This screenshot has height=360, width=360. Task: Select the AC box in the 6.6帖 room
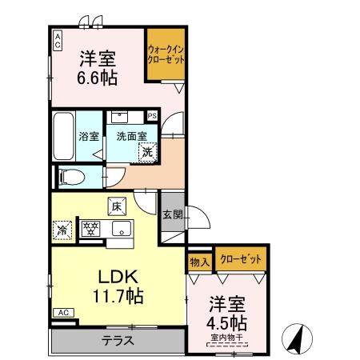tap(58, 41)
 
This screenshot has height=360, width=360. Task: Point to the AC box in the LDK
tap(63, 312)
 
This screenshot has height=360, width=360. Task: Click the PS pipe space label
tap(152, 115)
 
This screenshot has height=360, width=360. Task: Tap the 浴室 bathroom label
tap(88, 137)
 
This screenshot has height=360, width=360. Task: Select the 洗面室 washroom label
tap(126, 137)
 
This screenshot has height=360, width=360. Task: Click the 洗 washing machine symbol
tap(147, 150)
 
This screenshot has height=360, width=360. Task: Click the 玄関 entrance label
tap(171, 214)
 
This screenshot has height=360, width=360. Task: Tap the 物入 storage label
tap(199, 261)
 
